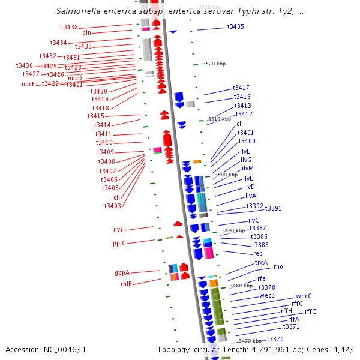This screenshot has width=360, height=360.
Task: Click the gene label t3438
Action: click(x=70, y=27)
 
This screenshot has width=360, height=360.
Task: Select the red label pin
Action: click(x=86, y=32)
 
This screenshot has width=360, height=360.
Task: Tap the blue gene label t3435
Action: click(x=235, y=27)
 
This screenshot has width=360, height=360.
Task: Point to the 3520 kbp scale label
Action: click(x=214, y=64)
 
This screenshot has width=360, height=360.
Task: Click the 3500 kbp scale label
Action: click(x=226, y=175)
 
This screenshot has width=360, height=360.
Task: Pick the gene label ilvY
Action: click(x=118, y=229)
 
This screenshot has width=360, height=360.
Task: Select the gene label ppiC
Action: click(x=119, y=243)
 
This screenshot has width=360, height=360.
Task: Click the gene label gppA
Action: click(x=122, y=272)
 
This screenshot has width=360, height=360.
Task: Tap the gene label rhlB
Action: click(x=126, y=284)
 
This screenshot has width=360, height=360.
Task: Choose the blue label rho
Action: click(x=278, y=266)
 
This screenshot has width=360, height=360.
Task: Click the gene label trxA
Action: click(x=261, y=262)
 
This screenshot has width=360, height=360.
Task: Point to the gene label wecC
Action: click(x=304, y=296)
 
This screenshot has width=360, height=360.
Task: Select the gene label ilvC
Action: click(x=253, y=220)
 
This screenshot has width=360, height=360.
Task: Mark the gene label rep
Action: click(x=257, y=253)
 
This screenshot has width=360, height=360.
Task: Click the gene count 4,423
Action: click(x=342, y=349)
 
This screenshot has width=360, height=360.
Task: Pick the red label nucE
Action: click(x=28, y=84)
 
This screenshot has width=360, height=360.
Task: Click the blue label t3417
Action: click(x=241, y=88)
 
